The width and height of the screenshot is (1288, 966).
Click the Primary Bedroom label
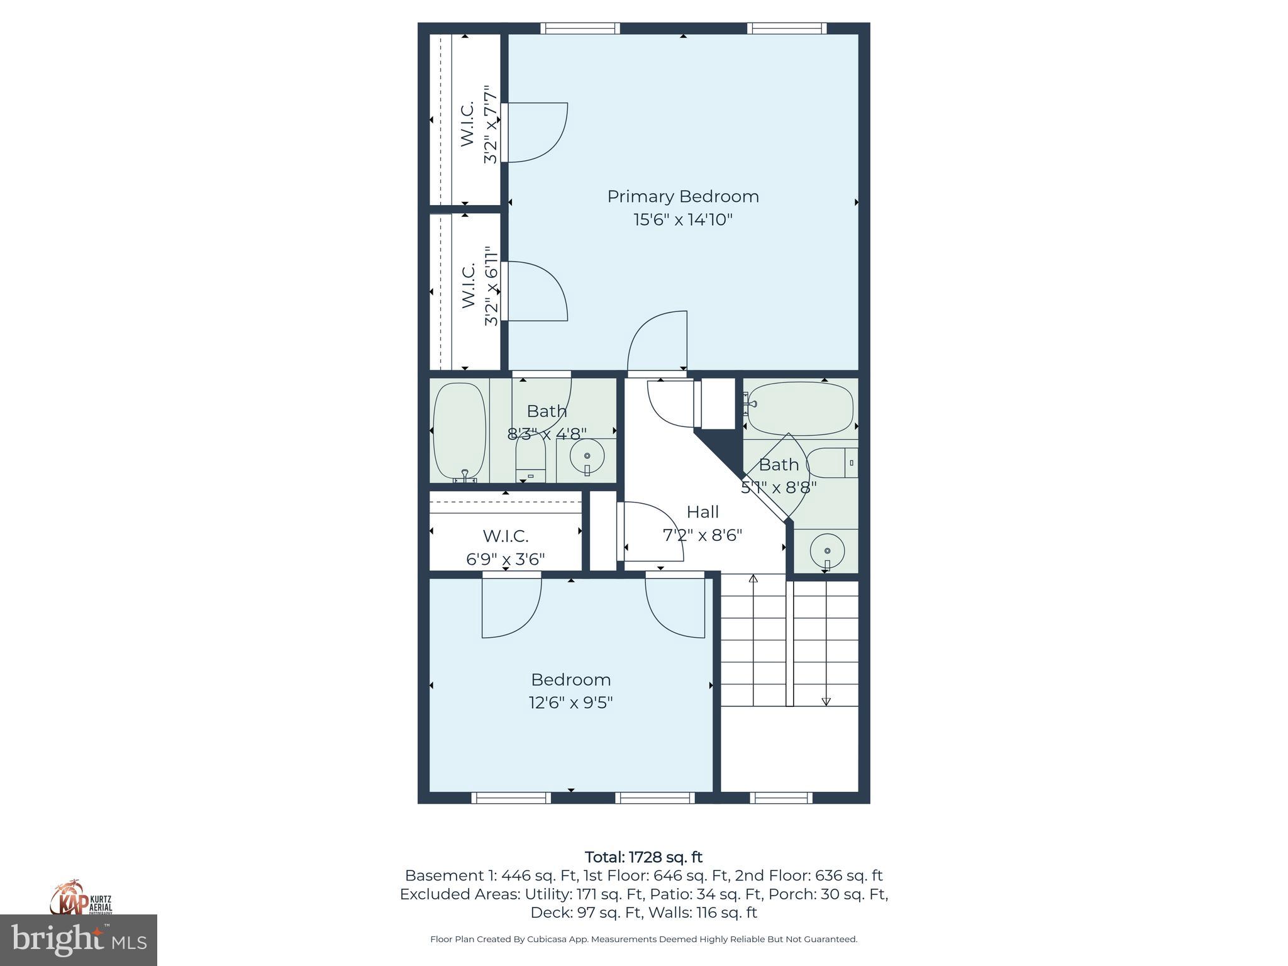pos(683,196)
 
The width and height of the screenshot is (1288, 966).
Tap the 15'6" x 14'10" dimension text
pos(683,219)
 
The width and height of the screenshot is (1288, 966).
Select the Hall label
pos(702,511)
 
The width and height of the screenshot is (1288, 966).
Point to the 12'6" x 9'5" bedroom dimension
pos(570,702)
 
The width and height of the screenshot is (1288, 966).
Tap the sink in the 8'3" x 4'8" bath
pos(587,456)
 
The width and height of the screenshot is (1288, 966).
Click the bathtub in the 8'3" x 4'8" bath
pos(460,431)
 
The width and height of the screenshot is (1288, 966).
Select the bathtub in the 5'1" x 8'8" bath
pos(800,409)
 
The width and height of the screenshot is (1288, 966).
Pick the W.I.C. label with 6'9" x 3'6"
pos(505,536)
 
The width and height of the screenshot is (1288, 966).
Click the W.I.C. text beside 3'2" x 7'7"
pos(467,125)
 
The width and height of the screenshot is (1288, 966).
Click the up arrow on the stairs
pos(753,579)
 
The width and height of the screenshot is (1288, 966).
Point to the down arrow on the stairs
pos(826,701)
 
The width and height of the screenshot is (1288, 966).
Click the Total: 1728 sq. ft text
pos(643,857)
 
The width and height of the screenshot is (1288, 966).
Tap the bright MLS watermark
pos(79,940)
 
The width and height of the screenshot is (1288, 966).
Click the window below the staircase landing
pos(781,797)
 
